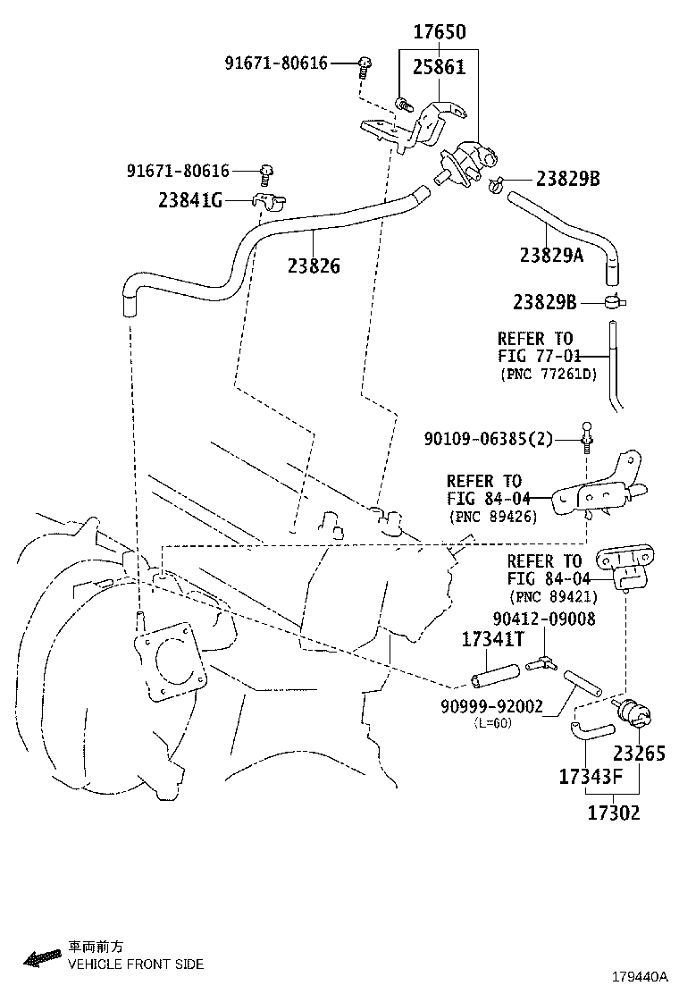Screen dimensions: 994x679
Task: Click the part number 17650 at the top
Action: coord(439,33)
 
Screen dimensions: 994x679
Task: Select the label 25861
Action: coord(439,67)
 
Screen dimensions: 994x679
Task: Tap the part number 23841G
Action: coord(190,201)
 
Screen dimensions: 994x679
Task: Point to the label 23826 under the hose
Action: coord(314,265)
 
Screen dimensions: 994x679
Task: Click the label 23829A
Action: coord(551,256)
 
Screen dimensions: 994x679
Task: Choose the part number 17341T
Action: coord(491,639)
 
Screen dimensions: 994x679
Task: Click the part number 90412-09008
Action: coord(544,619)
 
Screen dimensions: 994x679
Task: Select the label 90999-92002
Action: coord(491,706)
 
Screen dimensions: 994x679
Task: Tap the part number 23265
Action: coord(639,753)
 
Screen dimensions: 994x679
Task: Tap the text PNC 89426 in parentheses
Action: coord(492,517)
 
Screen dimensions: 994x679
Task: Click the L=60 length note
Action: coord(492,723)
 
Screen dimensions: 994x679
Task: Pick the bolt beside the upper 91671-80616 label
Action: coord(365,63)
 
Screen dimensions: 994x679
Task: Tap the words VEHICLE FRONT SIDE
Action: coord(136,964)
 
